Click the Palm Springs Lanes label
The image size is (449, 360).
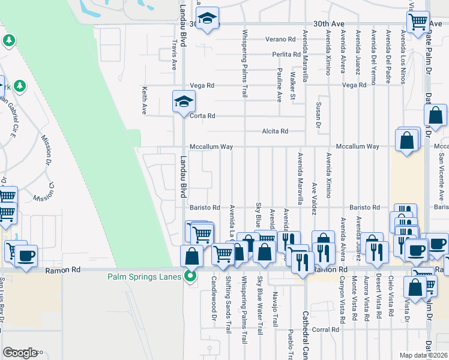point(145,277)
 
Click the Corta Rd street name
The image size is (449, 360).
point(202,116)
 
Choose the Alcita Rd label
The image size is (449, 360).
point(275,131)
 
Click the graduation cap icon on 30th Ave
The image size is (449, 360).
point(207,20)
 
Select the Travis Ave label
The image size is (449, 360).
point(174,55)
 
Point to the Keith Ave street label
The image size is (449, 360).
point(145,100)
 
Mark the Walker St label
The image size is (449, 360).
point(292,85)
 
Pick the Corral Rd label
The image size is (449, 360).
point(326,329)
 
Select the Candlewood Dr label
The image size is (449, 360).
point(213,298)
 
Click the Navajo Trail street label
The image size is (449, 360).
point(275,305)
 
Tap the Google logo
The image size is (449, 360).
point(20,353)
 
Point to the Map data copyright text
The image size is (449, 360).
point(424,355)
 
